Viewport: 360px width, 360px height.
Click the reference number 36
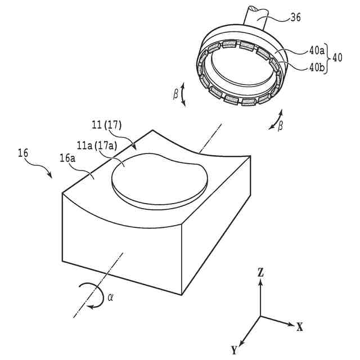coord(295,17)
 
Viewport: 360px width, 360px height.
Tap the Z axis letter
coord(260,273)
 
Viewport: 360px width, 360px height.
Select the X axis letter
coord(300,326)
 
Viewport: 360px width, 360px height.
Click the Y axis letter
coord(234,350)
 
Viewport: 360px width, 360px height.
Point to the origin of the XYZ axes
coord(260,316)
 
